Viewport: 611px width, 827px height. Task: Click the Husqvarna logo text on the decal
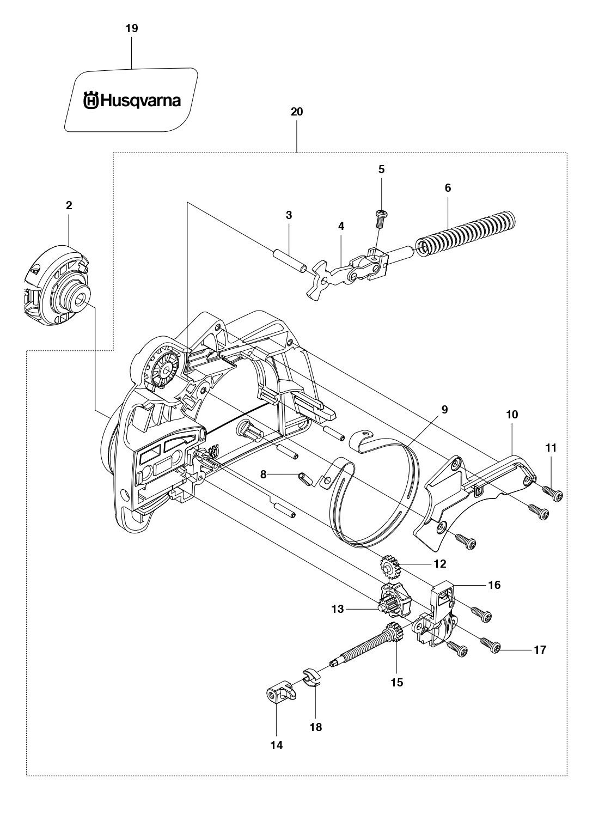[132, 101]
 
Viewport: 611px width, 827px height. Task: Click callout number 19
[132, 28]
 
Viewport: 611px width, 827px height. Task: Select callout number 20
[297, 112]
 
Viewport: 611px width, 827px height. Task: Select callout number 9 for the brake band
[444, 409]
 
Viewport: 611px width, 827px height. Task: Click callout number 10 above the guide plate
[512, 414]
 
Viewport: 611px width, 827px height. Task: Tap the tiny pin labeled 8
[304, 477]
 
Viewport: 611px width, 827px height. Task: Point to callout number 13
[338, 609]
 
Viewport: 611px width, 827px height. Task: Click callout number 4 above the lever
[341, 226]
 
